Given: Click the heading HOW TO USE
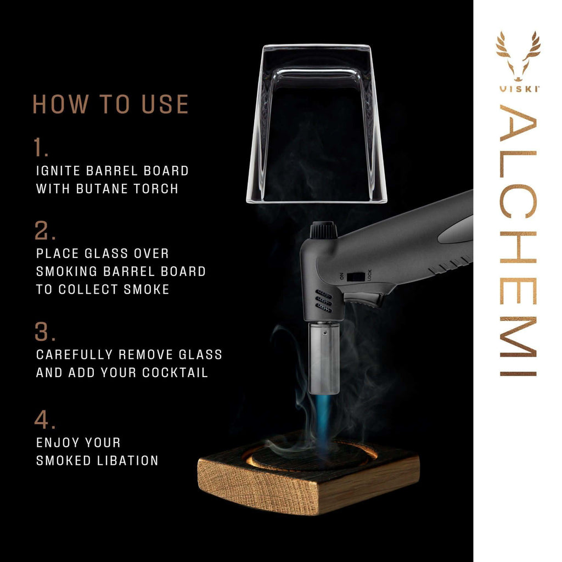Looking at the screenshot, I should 110,104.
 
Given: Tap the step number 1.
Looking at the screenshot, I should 41,148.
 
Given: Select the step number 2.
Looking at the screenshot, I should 44,231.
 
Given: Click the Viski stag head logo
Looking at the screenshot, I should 518,60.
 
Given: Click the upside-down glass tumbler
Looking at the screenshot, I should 317,123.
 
